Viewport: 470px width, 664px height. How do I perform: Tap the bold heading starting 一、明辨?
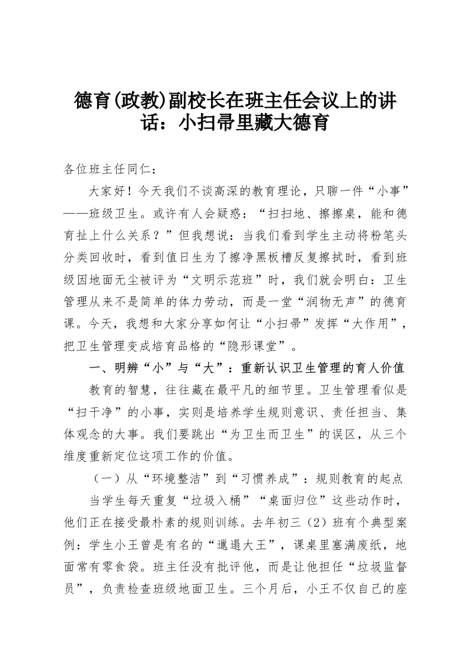coord(247,368)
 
